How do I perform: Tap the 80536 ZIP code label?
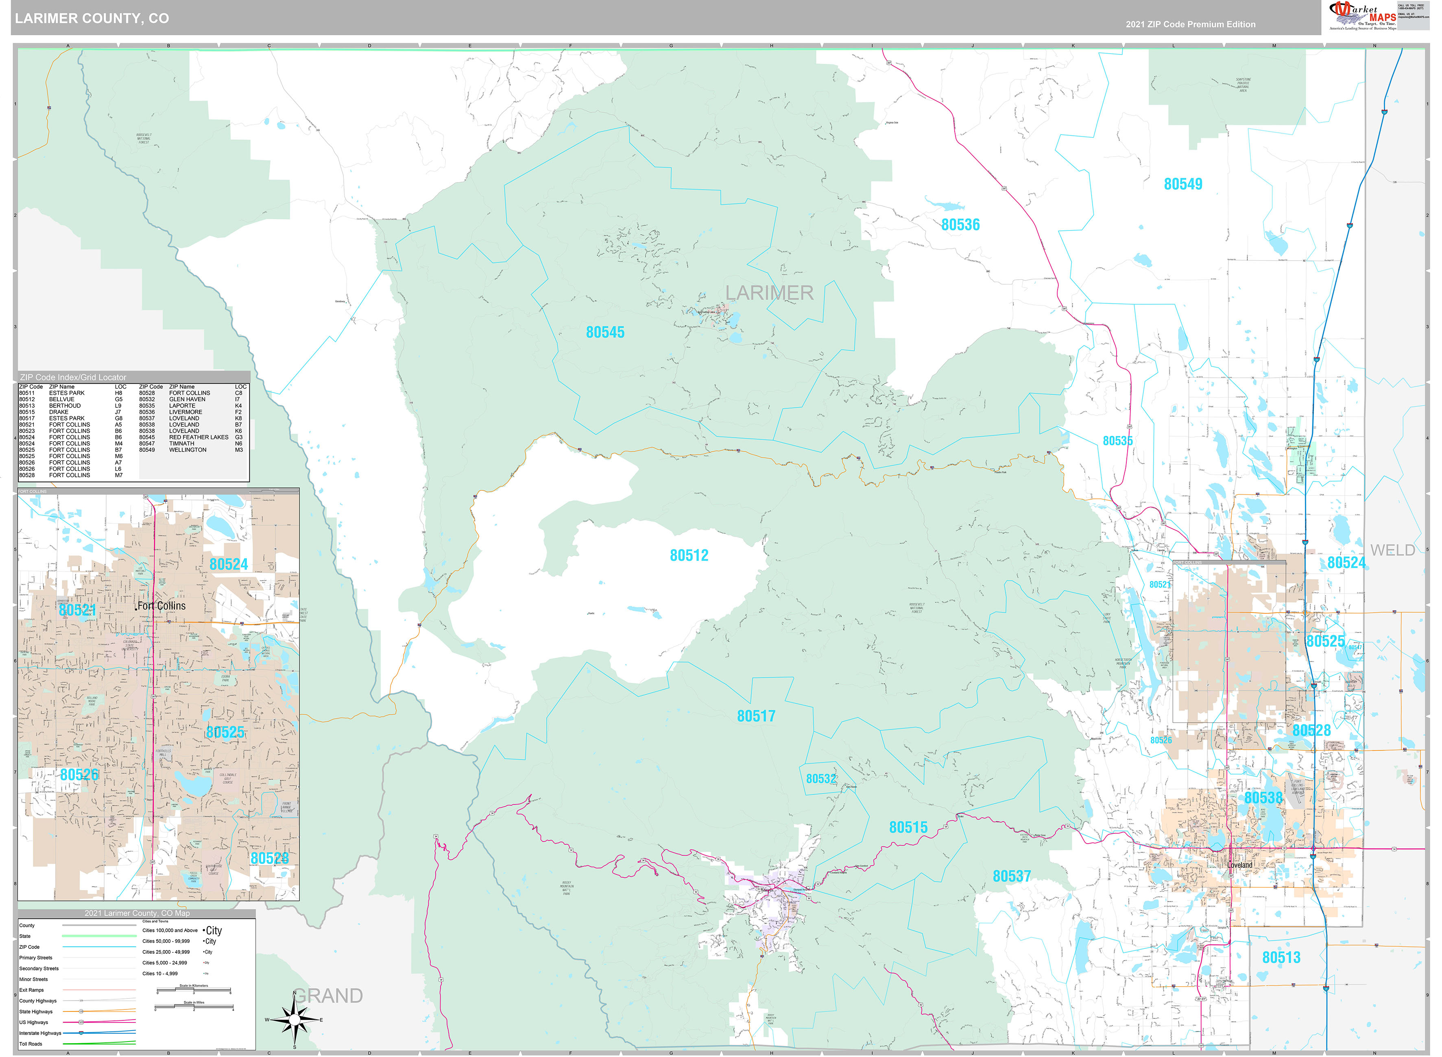(x=960, y=224)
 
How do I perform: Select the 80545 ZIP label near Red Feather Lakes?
(x=605, y=332)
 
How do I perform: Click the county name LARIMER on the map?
(x=769, y=293)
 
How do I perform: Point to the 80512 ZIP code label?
(x=689, y=555)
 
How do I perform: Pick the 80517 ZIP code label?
(x=756, y=716)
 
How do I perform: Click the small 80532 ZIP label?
(x=820, y=779)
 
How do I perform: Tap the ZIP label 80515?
(x=908, y=827)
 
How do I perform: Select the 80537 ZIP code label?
(x=1011, y=876)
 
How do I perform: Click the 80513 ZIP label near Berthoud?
(x=1281, y=957)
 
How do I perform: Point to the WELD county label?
(x=1392, y=550)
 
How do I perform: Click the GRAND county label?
(x=328, y=996)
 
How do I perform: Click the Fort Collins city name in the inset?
(x=161, y=606)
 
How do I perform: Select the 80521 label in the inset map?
(x=77, y=610)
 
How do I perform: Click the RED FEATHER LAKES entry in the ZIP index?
(x=199, y=437)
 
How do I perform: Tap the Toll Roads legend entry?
(x=31, y=1044)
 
